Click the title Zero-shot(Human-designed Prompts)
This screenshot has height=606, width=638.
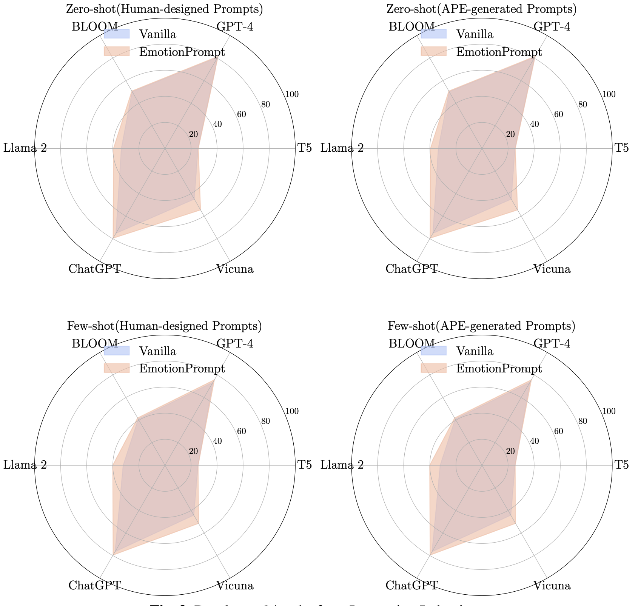pyautogui.click(x=164, y=9)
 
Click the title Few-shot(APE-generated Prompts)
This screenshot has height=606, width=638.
pyautogui.click(x=481, y=326)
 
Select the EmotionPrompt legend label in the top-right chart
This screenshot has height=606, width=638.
pyautogui.click(x=499, y=52)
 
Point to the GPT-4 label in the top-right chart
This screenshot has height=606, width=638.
pyautogui.click(x=552, y=27)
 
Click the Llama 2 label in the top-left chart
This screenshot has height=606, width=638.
pyautogui.click(x=25, y=148)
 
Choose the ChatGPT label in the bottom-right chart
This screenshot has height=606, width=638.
pyautogui.click(x=412, y=586)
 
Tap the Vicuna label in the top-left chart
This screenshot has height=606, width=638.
pyautogui.click(x=234, y=269)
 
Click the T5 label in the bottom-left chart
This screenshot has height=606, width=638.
pyautogui.click(x=305, y=465)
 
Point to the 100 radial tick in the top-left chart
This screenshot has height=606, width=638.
pyautogui.click(x=292, y=95)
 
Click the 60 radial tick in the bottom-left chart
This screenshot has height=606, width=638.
pyautogui.click(x=241, y=431)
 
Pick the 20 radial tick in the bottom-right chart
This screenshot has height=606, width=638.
pyautogui.click(x=510, y=451)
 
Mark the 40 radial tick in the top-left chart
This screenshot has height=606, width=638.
pyautogui.click(x=217, y=124)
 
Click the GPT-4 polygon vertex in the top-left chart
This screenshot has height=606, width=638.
pyautogui.click(x=217, y=58)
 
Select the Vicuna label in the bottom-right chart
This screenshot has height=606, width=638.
pyautogui.click(x=552, y=586)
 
